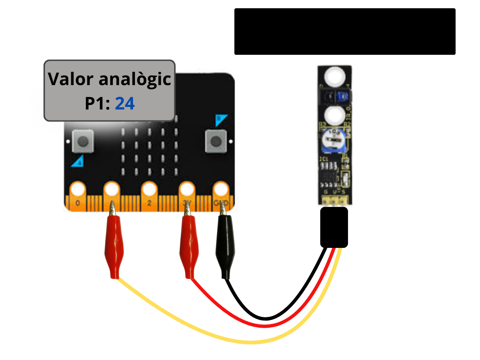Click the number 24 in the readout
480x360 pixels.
coord(124,103)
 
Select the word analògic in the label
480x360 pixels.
coord(135,79)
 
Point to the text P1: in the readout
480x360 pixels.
coord(97,103)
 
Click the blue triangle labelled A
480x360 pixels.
coord(78,162)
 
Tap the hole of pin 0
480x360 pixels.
coord(78,189)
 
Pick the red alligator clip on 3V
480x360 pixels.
coord(188,246)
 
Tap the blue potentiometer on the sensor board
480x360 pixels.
coord(332,139)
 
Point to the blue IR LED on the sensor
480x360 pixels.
coord(342,97)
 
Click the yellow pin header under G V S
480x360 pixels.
coord(334,201)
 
